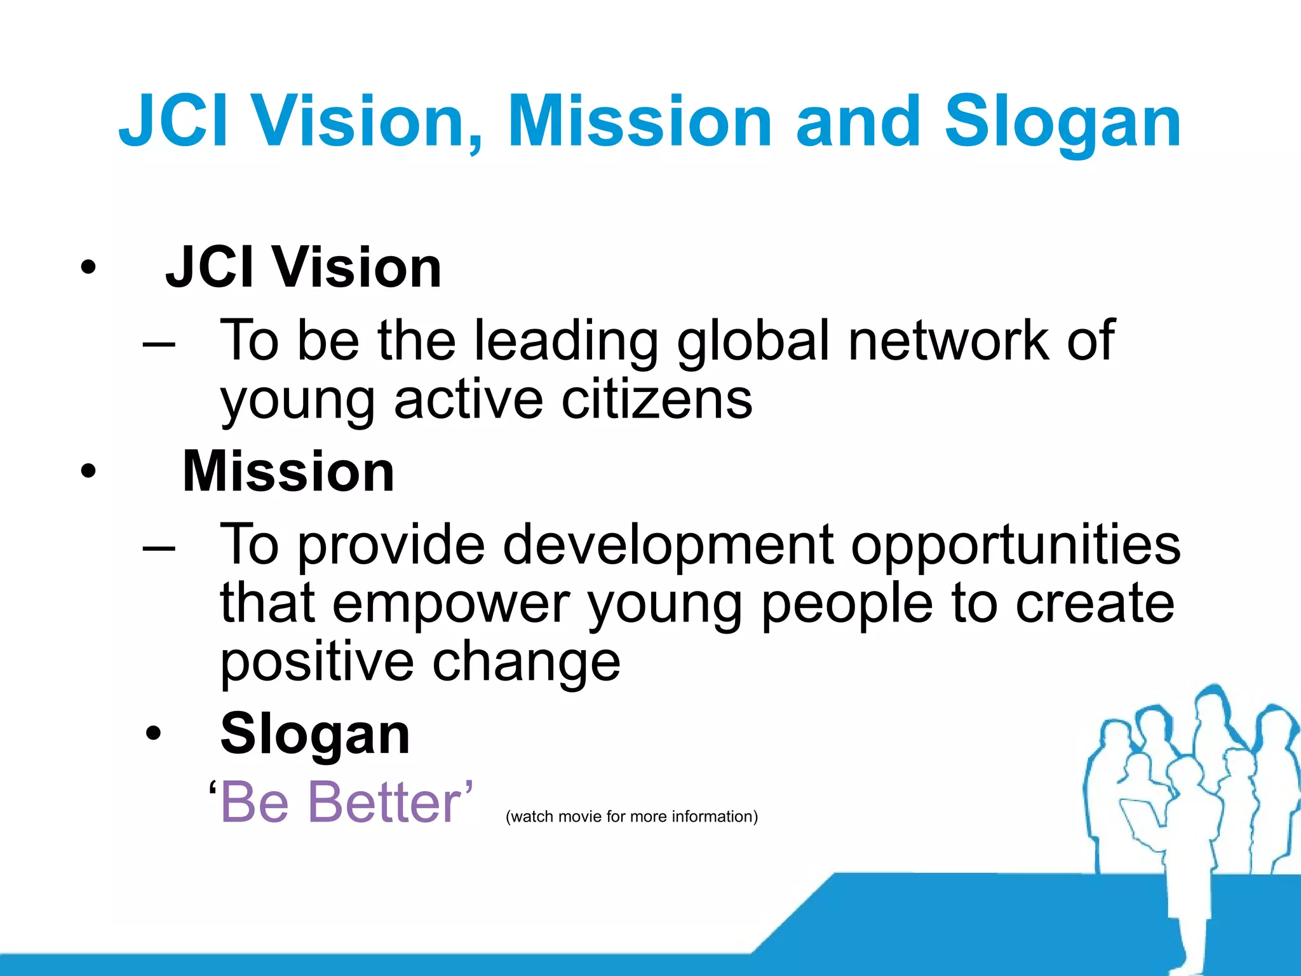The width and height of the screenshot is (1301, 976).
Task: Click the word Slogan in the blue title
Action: [1062, 122]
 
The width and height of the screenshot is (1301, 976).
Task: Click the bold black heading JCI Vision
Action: [303, 268]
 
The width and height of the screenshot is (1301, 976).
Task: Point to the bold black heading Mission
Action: [288, 471]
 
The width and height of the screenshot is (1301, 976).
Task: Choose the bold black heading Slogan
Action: [315, 734]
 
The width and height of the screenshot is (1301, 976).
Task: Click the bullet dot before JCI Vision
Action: [88, 268]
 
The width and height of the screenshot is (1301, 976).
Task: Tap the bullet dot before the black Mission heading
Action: [88, 471]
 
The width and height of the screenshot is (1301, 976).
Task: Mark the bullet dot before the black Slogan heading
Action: [153, 734]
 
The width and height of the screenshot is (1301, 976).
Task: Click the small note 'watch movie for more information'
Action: [631, 817]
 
